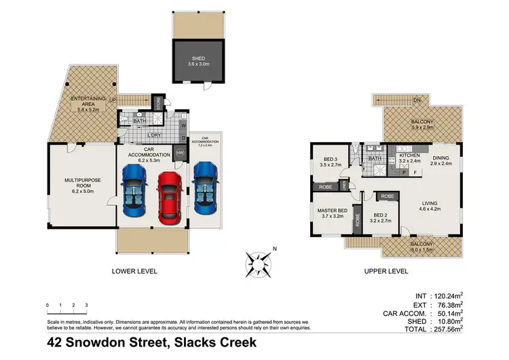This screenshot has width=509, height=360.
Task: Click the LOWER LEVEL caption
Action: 134,271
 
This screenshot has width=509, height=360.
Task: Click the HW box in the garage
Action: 179,153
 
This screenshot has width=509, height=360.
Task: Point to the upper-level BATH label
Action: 374,159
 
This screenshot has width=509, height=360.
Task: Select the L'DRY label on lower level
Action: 154,134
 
